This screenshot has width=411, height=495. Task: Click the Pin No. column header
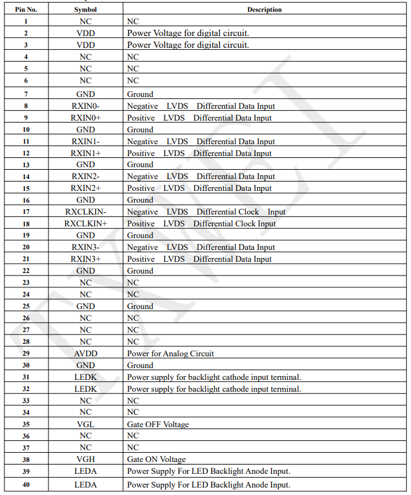tap(25, 9)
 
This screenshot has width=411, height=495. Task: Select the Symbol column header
tap(85, 9)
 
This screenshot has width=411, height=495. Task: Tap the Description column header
tap(264, 9)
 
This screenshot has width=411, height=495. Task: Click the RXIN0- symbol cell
tap(85, 106)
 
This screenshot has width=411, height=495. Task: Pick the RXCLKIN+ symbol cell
tap(85, 224)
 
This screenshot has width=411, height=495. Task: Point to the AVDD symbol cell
tap(85, 354)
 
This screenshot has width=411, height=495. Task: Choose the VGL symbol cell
tap(85, 425)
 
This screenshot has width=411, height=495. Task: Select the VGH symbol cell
tap(85, 460)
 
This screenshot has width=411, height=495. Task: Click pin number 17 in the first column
tap(25, 212)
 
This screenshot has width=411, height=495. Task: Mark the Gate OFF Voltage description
tap(158, 425)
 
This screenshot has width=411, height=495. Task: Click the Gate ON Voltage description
tap(156, 460)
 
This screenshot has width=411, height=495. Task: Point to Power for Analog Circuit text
tap(170, 354)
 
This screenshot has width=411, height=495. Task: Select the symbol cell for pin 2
tap(85, 33)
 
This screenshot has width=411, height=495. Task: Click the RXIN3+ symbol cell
tap(85, 259)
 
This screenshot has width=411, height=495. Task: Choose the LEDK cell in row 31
tap(85, 377)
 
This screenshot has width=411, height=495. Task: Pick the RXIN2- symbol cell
tap(85, 177)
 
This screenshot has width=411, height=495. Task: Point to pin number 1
tap(25, 21)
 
